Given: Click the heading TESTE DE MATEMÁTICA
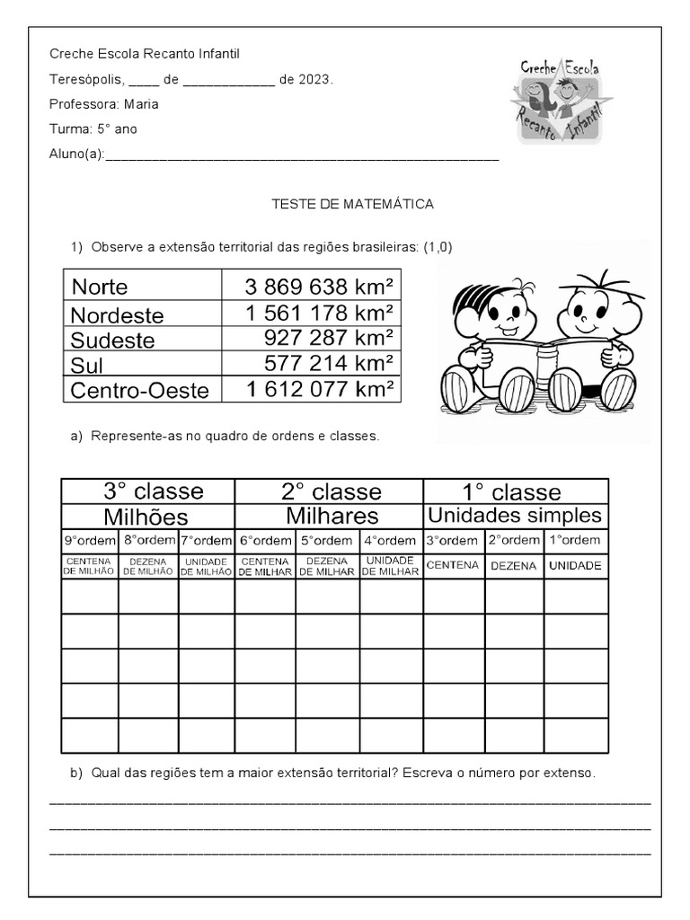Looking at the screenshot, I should pyautogui.click(x=352, y=204).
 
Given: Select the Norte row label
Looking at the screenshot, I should pyautogui.click(x=100, y=287).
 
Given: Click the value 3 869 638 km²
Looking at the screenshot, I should pyautogui.click(x=319, y=287).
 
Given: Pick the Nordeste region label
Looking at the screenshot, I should pyautogui.click(x=117, y=315).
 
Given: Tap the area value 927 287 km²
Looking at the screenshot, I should pyautogui.click(x=329, y=339).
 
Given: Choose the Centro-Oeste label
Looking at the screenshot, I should pyautogui.click(x=139, y=390).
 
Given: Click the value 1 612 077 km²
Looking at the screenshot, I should pyautogui.click(x=319, y=389).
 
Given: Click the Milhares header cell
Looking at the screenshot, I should pyautogui.click(x=332, y=516).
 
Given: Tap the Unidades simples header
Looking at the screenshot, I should pyautogui.click(x=515, y=516).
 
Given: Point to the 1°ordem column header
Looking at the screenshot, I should pyautogui.click(x=575, y=541).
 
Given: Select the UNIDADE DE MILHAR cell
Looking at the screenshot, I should pyautogui.click(x=390, y=565).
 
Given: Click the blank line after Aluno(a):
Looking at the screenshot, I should pyautogui.click(x=302, y=155).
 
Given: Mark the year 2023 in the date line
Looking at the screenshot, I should pyautogui.click(x=314, y=79).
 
